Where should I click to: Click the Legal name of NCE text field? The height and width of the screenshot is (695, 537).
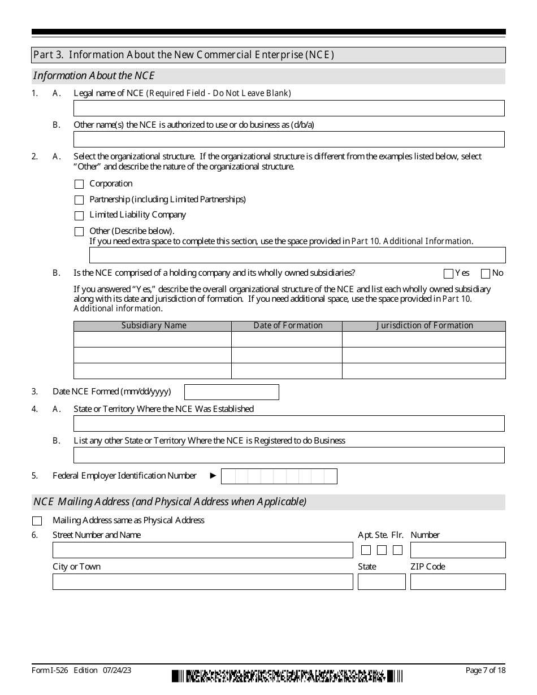click(x=289, y=108)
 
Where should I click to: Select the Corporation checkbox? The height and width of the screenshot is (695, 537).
click(x=79, y=184)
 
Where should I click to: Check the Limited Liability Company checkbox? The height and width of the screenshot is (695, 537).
click(x=79, y=216)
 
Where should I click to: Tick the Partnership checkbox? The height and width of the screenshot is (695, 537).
click(x=79, y=200)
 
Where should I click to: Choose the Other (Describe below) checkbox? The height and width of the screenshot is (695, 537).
click(x=79, y=232)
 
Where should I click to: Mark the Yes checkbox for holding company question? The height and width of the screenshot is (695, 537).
click(x=449, y=274)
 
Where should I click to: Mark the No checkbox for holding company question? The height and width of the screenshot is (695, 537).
click(x=485, y=274)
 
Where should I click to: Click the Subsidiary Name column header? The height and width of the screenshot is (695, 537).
click(x=153, y=326)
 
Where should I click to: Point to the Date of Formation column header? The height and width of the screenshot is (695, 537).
click(x=287, y=326)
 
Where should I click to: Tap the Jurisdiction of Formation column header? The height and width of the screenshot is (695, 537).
click(x=424, y=326)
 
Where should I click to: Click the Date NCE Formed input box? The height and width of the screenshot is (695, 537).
click(x=232, y=392)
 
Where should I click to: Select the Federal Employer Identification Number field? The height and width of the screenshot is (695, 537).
click(x=279, y=476)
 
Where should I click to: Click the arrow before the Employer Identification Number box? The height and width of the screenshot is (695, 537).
click(x=213, y=476)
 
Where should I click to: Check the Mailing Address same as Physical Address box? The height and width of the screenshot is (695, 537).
click(x=37, y=521)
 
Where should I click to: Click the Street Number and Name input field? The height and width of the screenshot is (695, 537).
click(x=202, y=550)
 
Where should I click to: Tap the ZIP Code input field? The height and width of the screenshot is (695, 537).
click(x=458, y=582)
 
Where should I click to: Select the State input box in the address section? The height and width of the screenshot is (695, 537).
click(x=382, y=582)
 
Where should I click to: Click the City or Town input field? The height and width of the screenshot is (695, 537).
click(x=202, y=582)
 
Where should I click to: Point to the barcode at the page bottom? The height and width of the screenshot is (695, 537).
click(x=287, y=676)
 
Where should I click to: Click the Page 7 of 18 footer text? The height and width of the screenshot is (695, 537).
click(x=485, y=670)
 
